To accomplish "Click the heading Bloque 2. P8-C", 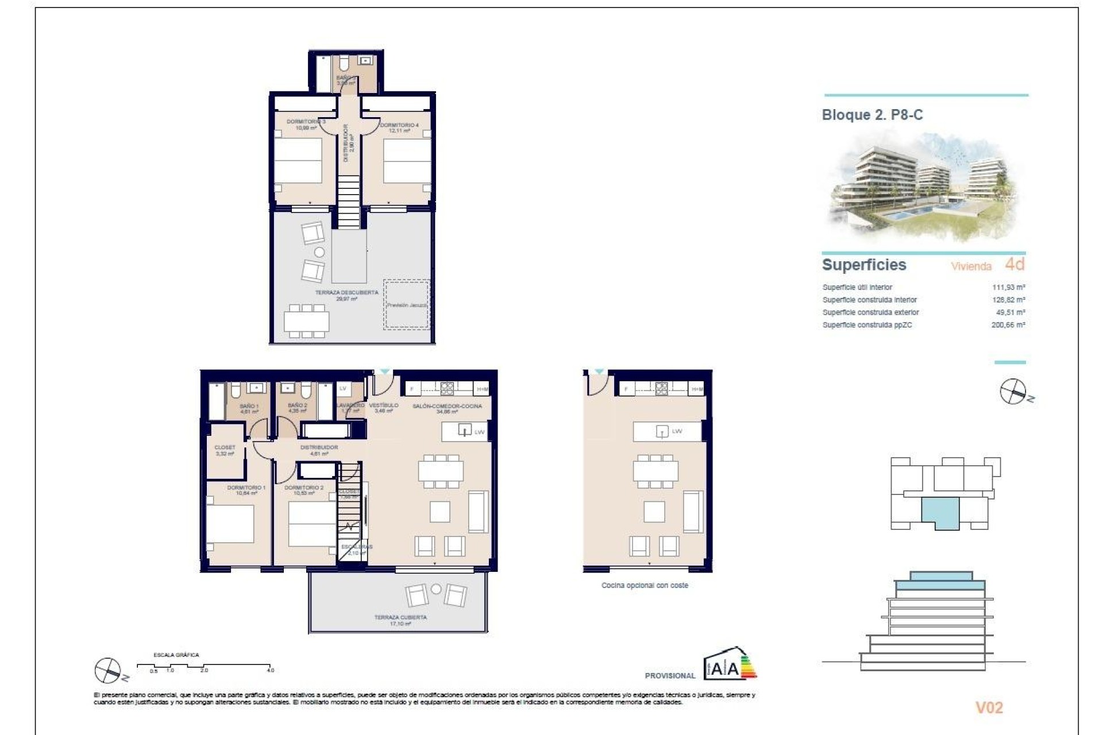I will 872,115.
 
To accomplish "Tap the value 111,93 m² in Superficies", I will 1008,287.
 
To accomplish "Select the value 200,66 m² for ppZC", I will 1008,325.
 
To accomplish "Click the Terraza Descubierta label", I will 346,295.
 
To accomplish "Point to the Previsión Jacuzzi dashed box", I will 406,305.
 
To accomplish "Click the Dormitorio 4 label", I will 399,127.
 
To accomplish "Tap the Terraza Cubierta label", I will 400,620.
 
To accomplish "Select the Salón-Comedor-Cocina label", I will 447,408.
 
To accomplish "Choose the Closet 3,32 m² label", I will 225,450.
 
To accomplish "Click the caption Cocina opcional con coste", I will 645,586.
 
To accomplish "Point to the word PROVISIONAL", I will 670,676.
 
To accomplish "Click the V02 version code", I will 989,707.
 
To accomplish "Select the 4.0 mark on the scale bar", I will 270,670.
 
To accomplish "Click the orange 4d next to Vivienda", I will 1015,264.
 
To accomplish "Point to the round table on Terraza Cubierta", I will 436,589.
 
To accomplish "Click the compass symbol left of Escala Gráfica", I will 107,670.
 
